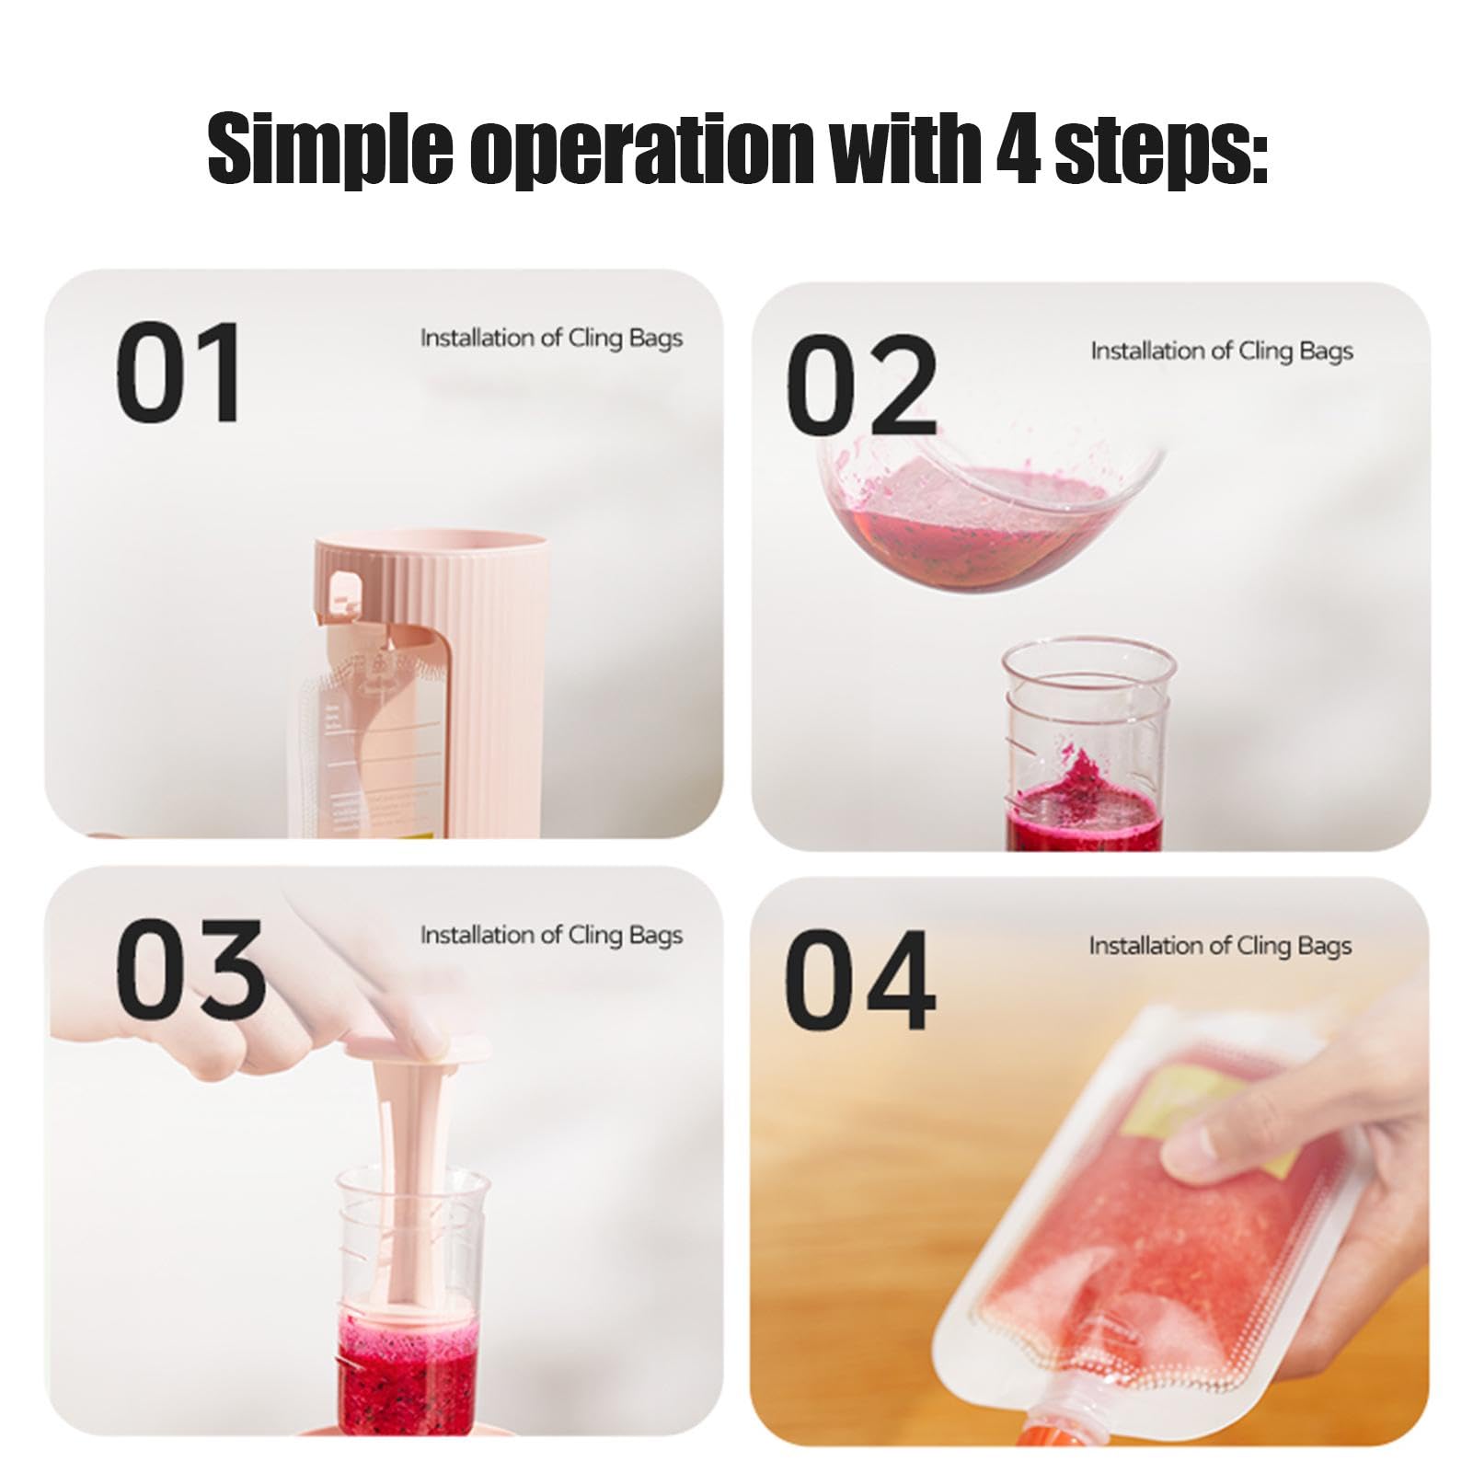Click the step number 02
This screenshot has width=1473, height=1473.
tap(861, 386)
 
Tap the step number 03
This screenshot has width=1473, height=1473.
tap(190, 968)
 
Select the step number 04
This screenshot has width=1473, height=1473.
tap(859, 980)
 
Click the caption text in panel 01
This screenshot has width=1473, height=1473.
tap(551, 339)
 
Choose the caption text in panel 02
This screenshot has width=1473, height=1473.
tap(1222, 351)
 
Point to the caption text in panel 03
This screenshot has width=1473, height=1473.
tap(551, 936)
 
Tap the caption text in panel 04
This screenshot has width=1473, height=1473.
tap(1220, 947)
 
